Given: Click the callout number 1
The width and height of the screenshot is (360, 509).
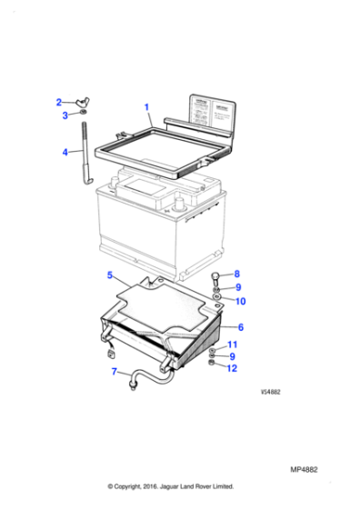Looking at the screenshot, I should click(x=147, y=107).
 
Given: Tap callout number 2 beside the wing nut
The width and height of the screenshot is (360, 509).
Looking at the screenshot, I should click(x=59, y=103).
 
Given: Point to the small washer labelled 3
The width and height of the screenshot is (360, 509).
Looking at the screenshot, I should click(x=80, y=115).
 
